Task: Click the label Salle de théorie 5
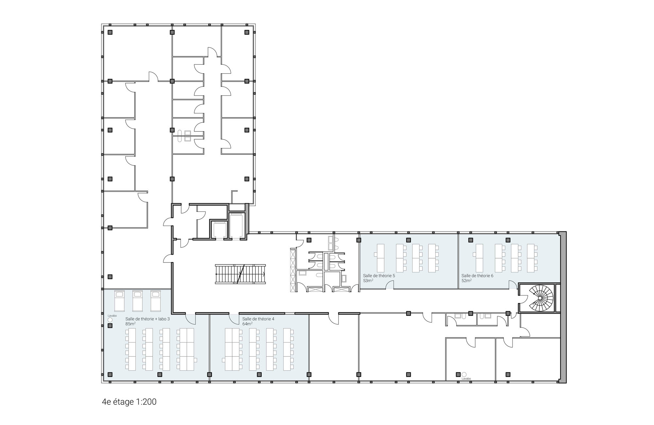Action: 379,276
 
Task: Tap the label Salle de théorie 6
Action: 477,276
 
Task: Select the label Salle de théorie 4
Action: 258,319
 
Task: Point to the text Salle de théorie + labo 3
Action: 147,319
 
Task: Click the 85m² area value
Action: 130,324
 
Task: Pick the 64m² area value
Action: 247,324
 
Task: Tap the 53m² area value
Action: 368,280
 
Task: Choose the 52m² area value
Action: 466,280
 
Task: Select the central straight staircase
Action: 240,274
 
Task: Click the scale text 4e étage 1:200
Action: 129,402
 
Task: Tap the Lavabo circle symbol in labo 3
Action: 110,320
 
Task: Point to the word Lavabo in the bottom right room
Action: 466,379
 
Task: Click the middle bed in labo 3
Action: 138,301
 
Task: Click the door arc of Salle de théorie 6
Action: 513,285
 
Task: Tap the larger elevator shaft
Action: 236,226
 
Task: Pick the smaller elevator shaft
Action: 219,230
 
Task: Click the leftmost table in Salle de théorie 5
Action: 381,258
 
